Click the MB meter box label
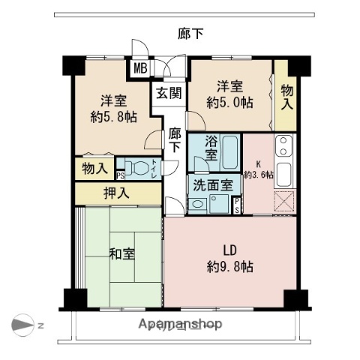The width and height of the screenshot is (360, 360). (140, 69)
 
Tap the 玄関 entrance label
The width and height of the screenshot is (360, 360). (169, 93)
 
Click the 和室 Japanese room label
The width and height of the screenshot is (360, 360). (122, 253)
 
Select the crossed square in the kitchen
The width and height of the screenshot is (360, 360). (284, 200)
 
